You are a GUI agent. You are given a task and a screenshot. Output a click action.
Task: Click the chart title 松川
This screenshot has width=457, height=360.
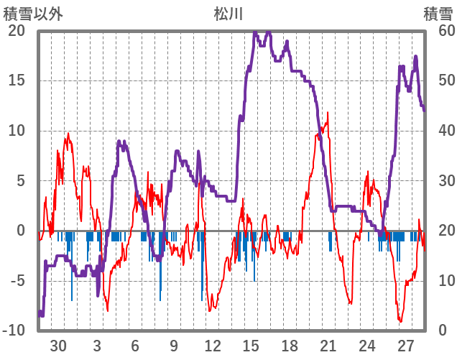(228, 13)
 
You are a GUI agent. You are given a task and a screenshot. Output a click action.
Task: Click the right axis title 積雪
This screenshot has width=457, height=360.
(438, 13)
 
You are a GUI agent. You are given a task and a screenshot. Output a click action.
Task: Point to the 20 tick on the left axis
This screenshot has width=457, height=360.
(16, 31)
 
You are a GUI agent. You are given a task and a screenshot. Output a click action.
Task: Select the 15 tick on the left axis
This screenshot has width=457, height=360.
(16, 80)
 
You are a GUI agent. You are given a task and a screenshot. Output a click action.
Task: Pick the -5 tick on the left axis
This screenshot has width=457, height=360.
(16, 280)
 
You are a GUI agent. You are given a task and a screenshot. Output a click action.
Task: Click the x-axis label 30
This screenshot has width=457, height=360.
(58, 346)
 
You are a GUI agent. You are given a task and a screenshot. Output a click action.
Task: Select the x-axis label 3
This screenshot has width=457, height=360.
(97, 346)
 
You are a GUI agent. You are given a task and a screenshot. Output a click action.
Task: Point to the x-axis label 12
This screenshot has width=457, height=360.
(212, 346)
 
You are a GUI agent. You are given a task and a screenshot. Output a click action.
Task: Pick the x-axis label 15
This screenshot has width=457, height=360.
(251, 346)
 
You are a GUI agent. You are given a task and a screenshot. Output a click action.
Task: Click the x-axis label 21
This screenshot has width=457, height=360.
(328, 346)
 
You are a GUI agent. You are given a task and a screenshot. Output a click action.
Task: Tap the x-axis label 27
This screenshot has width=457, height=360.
(405, 346)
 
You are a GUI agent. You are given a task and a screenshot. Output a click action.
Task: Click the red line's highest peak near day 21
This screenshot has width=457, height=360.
(328, 113)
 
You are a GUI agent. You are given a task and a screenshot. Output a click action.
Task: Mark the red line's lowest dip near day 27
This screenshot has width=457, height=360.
(400, 321)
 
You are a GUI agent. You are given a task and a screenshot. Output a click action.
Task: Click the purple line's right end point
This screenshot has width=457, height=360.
(425, 110)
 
